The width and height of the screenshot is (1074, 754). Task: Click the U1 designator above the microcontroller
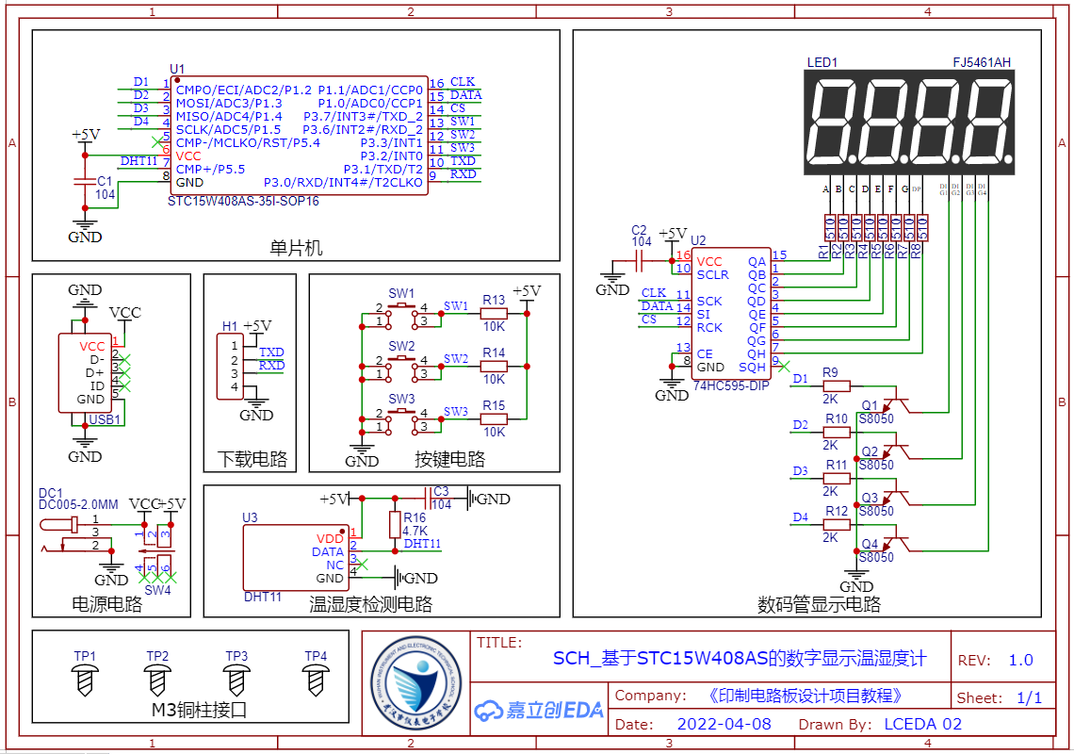click(177, 69)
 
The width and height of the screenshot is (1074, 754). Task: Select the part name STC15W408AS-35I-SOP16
click(243, 201)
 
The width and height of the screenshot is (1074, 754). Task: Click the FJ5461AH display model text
click(981, 63)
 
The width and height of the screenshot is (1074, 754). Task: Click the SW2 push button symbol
click(401, 363)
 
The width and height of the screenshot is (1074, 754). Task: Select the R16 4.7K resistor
click(395, 525)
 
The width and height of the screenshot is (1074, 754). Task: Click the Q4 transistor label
click(870, 545)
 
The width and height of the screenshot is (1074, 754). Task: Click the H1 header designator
click(230, 326)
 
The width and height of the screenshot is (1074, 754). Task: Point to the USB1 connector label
click(105, 419)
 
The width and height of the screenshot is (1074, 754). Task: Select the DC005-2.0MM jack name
click(78, 505)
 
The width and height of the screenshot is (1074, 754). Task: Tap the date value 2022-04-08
click(724, 725)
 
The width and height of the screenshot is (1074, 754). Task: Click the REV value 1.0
click(1020, 660)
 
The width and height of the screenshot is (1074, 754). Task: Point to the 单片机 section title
click(296, 248)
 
